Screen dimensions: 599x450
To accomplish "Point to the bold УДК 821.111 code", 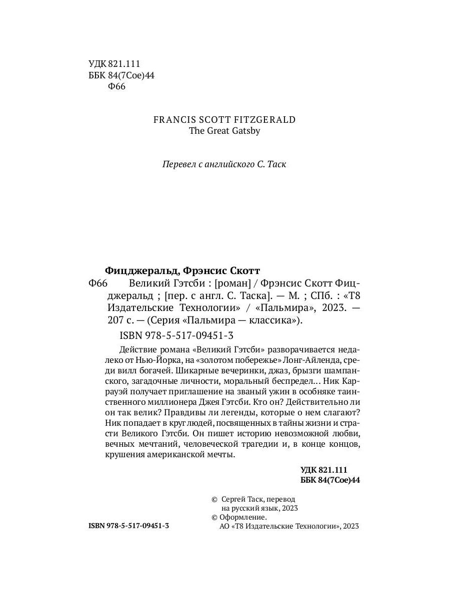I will [323, 470].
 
